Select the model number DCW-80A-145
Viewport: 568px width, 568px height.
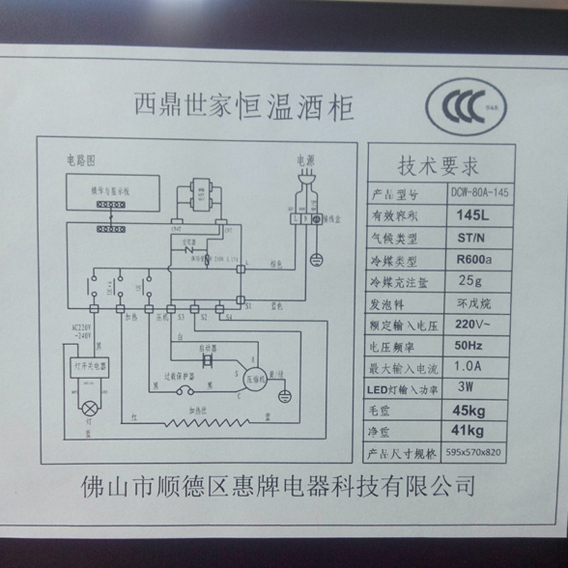(x=482, y=192)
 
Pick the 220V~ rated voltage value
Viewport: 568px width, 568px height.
(x=475, y=324)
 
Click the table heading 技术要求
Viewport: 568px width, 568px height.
(x=437, y=165)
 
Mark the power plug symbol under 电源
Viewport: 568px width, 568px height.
(x=308, y=185)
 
